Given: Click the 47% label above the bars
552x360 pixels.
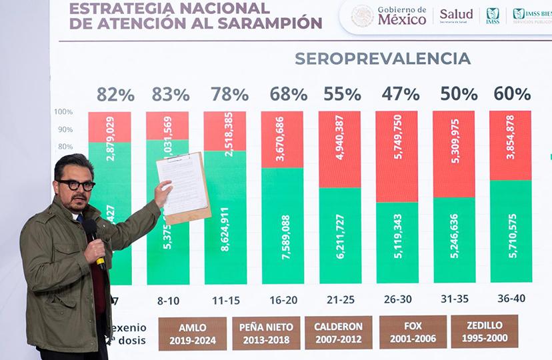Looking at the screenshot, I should [x=401, y=94].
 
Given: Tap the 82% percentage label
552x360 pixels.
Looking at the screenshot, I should [x=115, y=95].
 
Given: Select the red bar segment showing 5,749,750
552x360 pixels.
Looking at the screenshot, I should [x=397, y=156].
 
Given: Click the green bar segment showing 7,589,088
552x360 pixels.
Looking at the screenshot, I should [x=282, y=226].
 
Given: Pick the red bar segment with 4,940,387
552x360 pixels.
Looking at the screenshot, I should [x=339, y=149].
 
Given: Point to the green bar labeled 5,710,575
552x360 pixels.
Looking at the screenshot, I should [x=511, y=231].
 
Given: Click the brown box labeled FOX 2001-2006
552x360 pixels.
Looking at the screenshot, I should [x=413, y=332].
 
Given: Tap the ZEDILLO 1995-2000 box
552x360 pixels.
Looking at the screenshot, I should [x=485, y=332].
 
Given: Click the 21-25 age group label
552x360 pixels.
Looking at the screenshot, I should [x=340, y=299].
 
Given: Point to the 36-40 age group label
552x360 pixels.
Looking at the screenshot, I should [x=511, y=298].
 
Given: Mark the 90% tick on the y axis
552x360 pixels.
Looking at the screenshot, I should [x=65, y=129].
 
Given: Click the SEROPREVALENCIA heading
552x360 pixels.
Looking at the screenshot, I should [x=383, y=59].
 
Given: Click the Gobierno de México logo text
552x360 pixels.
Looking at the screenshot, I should [x=401, y=15].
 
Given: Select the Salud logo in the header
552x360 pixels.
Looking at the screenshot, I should [x=456, y=15].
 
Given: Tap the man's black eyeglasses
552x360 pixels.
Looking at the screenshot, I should [x=76, y=185].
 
